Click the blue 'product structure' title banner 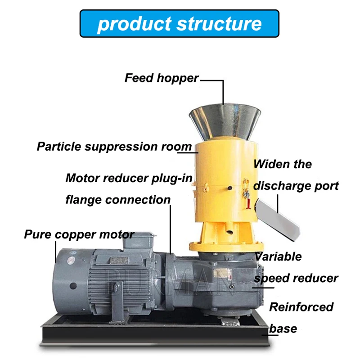tap(179, 23)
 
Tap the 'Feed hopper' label tap(161, 78)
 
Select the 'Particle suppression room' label tap(114, 147)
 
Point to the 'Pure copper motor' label tap(79, 234)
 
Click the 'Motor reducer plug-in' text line tap(129, 178)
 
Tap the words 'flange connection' tap(118, 199)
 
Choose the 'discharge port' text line tap(296, 185)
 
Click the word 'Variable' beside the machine tap(278, 256)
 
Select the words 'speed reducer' tap(296, 278)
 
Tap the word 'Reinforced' tap(301, 307)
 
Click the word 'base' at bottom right tap(283, 328)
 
